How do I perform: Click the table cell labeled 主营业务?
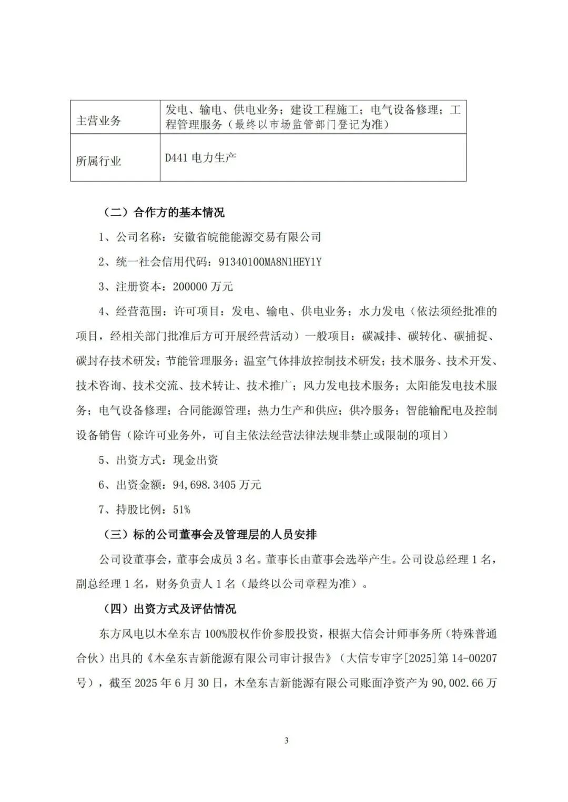tap(98, 121)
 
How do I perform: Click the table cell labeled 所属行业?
tap(98, 161)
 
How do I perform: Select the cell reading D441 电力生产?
tap(200, 158)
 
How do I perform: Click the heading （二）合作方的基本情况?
tap(161, 213)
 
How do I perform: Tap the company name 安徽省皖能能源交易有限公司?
tap(247, 237)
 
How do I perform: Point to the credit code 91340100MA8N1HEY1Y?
tap(266, 262)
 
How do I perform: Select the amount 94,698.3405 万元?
tap(217, 485)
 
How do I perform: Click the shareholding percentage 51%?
tap(181, 509)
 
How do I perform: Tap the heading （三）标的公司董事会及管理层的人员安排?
tap(208, 535)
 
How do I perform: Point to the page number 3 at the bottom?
tap(287, 741)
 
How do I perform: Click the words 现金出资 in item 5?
tap(196, 460)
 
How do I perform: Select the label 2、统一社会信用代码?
tap(155, 262)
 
